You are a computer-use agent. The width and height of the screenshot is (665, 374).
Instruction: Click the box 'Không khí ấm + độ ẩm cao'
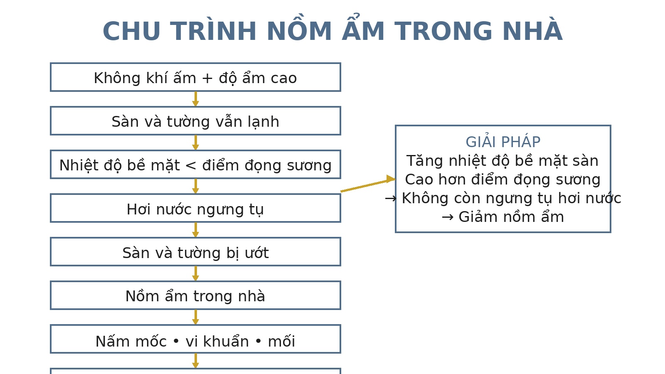click(195, 77)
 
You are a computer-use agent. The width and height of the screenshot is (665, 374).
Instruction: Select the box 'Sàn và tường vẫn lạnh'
click(195, 121)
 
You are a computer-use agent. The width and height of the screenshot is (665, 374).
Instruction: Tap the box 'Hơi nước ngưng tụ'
click(195, 208)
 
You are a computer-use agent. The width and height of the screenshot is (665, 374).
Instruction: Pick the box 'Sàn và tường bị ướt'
click(195, 252)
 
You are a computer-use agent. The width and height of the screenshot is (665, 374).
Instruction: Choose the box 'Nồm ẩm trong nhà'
click(195, 295)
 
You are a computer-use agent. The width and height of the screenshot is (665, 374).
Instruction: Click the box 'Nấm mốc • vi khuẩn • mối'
click(195, 339)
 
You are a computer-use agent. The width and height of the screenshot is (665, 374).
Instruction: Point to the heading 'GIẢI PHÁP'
click(503, 142)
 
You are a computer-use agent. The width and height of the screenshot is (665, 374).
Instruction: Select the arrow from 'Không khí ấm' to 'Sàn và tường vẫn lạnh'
click(195, 99)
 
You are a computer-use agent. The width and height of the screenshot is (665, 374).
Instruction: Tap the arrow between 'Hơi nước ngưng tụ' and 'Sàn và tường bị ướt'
click(195, 230)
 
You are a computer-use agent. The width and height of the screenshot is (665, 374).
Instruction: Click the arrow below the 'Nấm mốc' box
click(195, 361)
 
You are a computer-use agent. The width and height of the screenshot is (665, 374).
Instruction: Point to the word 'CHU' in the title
click(131, 32)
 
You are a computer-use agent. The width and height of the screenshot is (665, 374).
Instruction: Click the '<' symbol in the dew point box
click(191, 165)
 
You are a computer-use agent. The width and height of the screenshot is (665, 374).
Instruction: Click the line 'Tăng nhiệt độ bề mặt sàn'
click(502, 161)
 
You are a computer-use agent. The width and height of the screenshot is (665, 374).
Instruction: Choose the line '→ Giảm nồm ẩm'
click(502, 217)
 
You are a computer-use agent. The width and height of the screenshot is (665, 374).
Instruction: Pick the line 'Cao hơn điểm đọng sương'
click(502, 180)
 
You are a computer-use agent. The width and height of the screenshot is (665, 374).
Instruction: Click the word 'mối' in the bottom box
click(281, 342)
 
